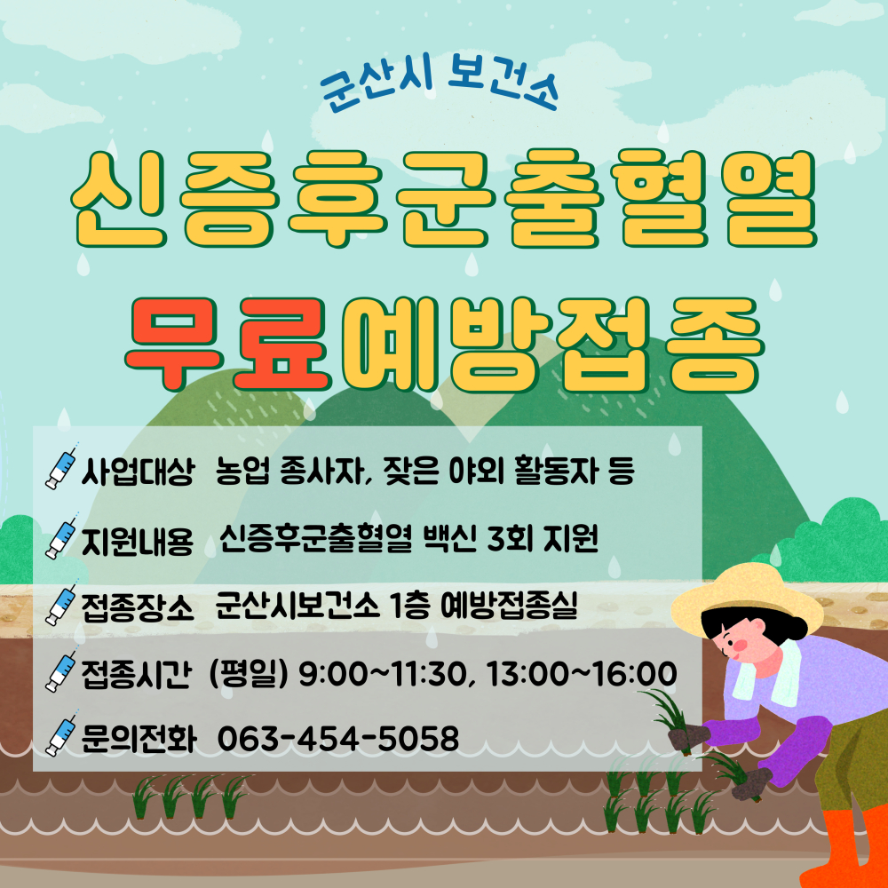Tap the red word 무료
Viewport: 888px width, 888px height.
point(227,343)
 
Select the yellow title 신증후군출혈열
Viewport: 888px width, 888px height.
point(444,198)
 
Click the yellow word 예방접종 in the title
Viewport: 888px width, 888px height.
point(550,343)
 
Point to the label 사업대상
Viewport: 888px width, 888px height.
point(139,472)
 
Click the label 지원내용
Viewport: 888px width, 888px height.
point(138,540)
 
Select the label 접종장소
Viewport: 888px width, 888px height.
point(138,607)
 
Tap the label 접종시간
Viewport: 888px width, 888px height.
point(137,674)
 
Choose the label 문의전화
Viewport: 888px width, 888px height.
point(139,739)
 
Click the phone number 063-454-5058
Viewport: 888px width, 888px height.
point(338,739)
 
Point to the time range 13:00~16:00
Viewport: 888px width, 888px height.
point(581,674)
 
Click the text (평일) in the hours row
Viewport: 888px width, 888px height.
point(249,674)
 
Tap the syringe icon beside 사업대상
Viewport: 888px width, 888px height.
point(61,467)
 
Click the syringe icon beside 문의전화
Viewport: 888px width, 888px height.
point(61,733)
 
